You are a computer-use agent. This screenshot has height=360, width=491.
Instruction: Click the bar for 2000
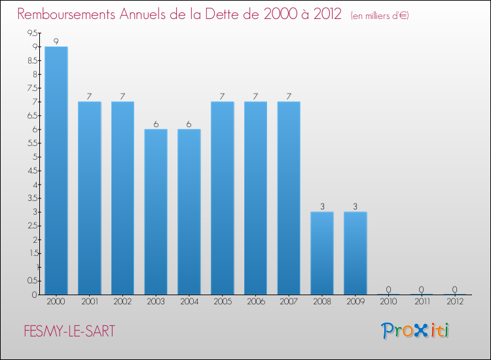[x=56, y=170]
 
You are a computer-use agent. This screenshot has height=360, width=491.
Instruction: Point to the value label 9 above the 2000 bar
[x=56, y=42]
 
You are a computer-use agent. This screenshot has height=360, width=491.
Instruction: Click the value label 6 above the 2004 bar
[x=189, y=124]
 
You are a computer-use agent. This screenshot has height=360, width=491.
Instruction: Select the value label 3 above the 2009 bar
[x=355, y=207]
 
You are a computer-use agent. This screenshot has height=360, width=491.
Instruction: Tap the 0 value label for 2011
[x=422, y=289]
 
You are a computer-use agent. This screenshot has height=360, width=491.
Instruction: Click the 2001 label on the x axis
[x=89, y=302]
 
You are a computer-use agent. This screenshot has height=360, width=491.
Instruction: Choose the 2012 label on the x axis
[x=455, y=302]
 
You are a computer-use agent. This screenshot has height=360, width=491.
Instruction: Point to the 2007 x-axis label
[x=289, y=302]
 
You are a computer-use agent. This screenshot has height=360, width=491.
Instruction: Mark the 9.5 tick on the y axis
[x=32, y=33]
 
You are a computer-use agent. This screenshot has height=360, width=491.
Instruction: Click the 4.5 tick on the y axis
[x=32, y=170]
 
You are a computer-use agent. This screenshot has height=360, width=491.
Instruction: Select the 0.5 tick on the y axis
[x=32, y=281]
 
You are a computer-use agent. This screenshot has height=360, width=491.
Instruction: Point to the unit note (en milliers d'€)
[x=380, y=16]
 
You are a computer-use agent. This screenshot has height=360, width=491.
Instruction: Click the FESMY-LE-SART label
[x=66, y=331]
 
